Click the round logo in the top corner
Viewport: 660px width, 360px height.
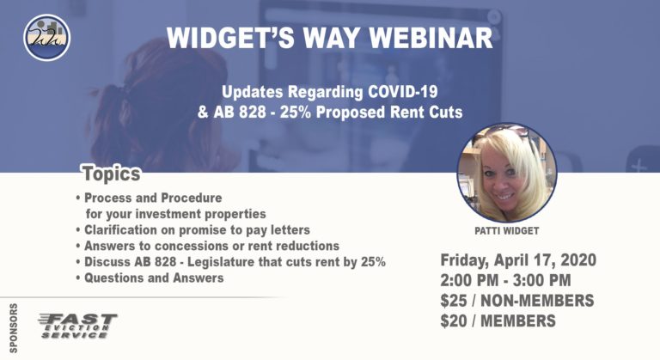click(x=47, y=38)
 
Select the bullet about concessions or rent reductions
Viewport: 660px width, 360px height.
click(x=206, y=246)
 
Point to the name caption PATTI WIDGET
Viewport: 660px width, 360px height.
click(x=506, y=232)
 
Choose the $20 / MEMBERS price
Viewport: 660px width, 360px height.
click(x=498, y=322)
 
